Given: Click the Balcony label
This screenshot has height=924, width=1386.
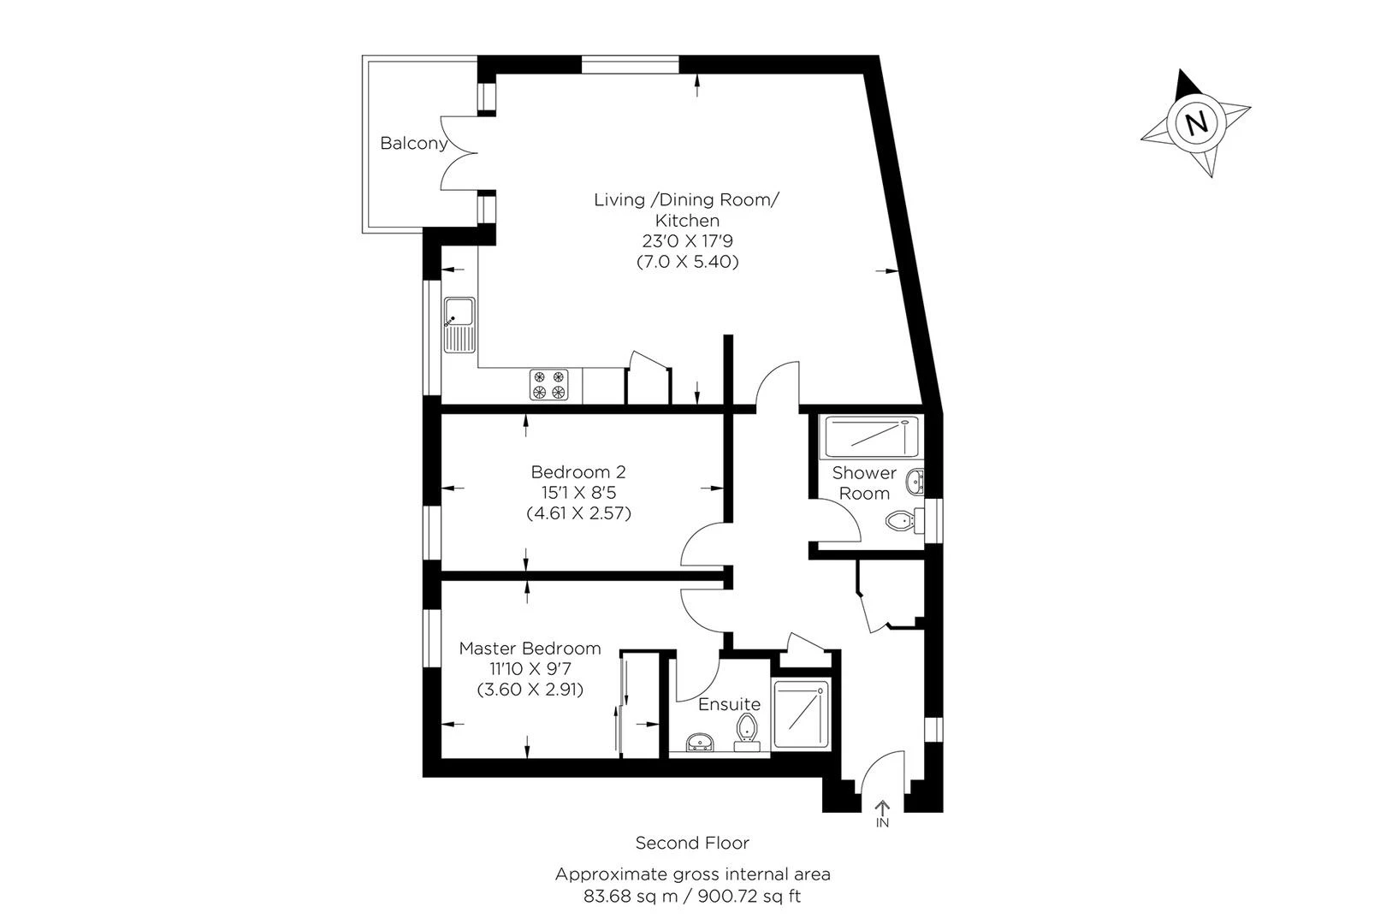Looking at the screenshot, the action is click(413, 144).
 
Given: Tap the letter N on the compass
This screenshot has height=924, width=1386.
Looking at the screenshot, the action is click(1197, 122).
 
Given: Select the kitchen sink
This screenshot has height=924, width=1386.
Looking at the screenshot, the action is click(459, 325).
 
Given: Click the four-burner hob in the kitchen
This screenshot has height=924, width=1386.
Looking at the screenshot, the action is click(548, 384).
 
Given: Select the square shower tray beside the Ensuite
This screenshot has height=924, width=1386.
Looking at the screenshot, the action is click(801, 714).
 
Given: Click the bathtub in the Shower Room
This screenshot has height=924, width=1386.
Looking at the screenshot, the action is click(868, 437).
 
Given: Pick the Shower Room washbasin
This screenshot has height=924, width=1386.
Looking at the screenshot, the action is click(915, 483).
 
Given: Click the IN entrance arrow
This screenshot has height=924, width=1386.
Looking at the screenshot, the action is click(882, 808).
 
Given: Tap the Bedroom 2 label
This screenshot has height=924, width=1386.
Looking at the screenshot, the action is click(578, 472).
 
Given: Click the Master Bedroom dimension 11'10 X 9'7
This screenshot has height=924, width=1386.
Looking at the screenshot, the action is click(530, 669).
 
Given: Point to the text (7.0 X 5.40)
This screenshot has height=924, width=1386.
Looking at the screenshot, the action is click(687, 262).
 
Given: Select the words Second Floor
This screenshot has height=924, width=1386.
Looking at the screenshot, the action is click(692, 843).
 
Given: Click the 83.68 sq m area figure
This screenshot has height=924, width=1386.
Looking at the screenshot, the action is click(631, 896).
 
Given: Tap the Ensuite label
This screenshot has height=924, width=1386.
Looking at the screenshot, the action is click(730, 704).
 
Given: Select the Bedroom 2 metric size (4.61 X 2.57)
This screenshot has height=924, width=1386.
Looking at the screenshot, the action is click(578, 513).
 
